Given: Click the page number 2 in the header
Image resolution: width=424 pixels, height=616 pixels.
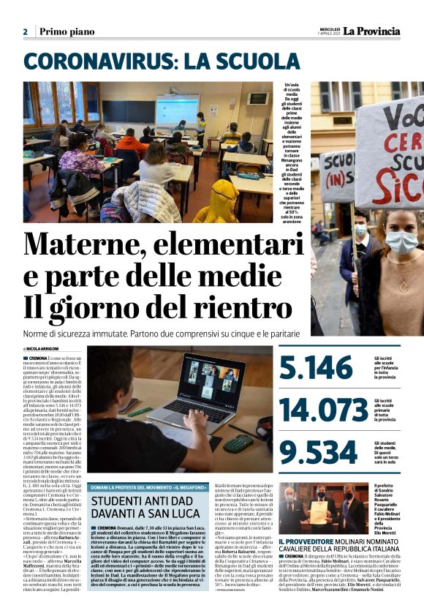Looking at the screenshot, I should (25, 31).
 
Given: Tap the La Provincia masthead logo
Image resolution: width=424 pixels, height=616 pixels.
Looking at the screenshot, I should (373, 31).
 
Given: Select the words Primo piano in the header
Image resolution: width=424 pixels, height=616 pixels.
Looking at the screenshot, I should (67, 31).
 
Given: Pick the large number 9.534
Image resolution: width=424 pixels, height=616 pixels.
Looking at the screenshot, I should (317, 452).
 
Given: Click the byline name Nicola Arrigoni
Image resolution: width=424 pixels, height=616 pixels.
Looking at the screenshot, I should (46, 348).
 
